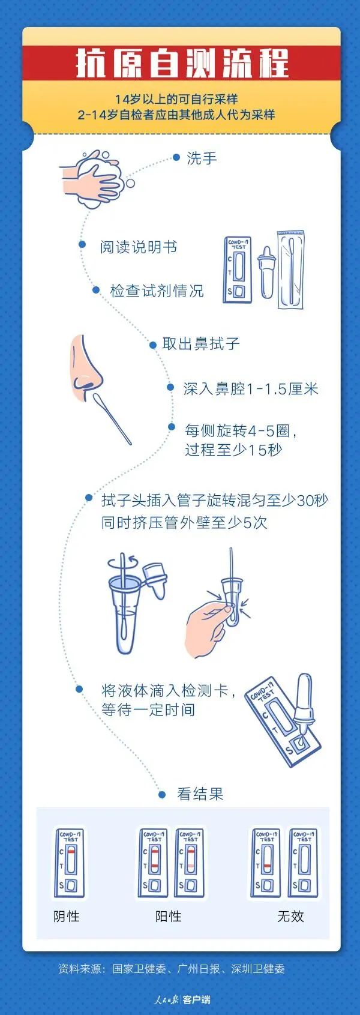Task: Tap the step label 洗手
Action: coord(202,158)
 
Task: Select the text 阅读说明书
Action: coord(138,247)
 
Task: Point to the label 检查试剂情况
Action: coord(157,291)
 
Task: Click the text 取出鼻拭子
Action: coord(200,344)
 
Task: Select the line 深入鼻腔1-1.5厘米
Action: coord(251,389)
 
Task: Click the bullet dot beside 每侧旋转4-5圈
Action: coord(172,427)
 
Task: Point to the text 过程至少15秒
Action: coord(233,450)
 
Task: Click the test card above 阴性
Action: coord(69,863)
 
